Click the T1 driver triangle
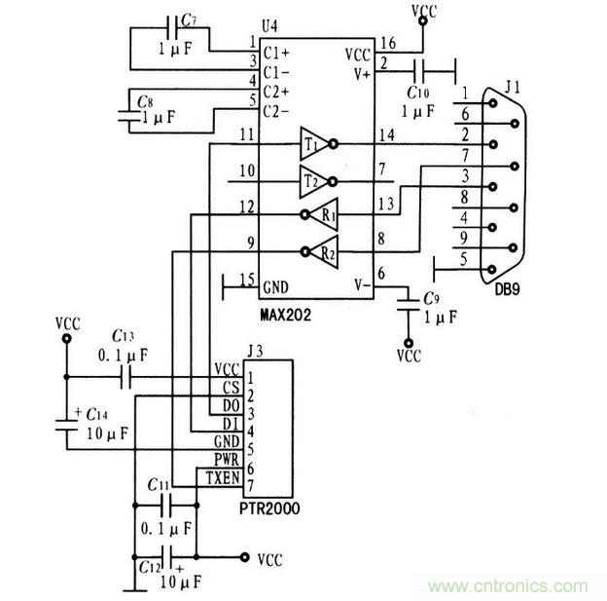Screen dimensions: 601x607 (x=313, y=143)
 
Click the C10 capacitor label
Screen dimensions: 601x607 (x=417, y=93)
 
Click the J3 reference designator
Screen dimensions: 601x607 (x=254, y=351)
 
